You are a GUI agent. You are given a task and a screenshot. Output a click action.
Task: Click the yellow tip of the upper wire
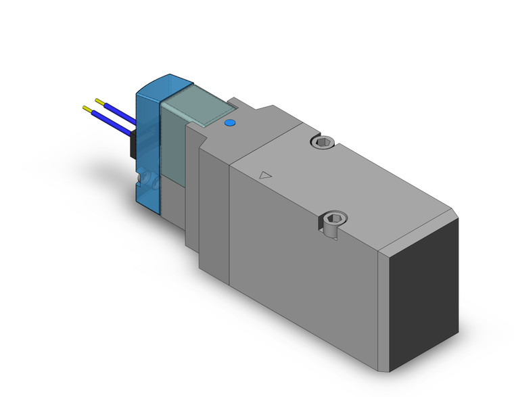[99, 101]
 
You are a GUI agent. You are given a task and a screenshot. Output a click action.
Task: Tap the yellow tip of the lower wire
[87, 108]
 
